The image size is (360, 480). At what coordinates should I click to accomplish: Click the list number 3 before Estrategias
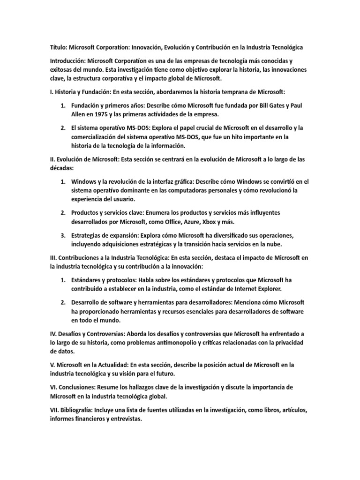pyautogui.click(x=63, y=235)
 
